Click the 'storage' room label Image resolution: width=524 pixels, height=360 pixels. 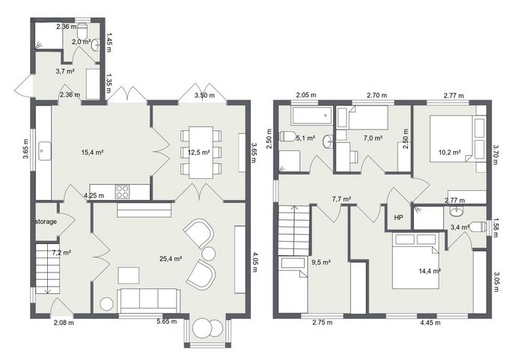pos(46,222)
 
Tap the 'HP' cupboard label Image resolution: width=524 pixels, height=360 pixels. pos(398,218)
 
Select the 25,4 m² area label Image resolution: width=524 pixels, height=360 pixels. pos(171,258)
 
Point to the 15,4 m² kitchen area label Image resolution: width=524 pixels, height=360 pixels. pos(92,153)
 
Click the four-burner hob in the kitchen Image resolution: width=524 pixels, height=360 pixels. pos(122,192)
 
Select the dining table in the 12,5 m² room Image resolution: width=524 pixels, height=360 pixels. pos(201,153)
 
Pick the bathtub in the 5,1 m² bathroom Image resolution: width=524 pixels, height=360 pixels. pos(311,116)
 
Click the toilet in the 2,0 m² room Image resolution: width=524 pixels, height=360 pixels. pos(82,31)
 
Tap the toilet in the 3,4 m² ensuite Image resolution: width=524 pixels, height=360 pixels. pos(478,227)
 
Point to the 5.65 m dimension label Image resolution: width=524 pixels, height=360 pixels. pos(167,322)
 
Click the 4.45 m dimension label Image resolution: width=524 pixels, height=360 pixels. pos(430,323)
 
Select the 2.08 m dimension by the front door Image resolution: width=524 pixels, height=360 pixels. pos(64,323)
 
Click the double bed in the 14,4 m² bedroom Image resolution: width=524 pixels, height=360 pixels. pos(415,261)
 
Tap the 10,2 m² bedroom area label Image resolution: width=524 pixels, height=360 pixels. pos(449,153)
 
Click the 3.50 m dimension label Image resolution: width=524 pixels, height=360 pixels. pos(204,95)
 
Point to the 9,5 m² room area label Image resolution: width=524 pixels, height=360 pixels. pos(321,263)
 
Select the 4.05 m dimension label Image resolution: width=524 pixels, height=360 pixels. pos(255,262)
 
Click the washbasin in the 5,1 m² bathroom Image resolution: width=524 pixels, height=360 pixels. pos(328,141)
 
